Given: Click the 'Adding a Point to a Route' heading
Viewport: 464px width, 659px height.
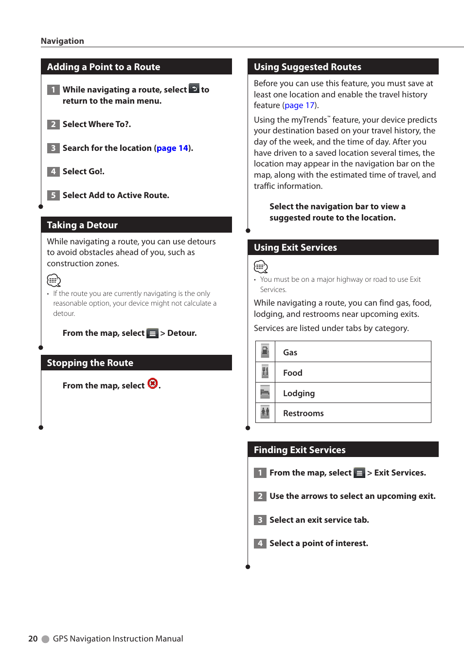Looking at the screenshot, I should click(x=103, y=67).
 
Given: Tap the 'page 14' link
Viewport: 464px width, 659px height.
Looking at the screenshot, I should click(x=172, y=148).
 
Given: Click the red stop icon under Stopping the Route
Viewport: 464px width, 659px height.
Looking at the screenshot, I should click(x=153, y=384).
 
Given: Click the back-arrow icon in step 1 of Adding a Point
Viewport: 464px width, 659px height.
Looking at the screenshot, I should click(x=194, y=89).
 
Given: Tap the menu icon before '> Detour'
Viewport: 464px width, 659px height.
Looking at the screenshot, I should click(x=152, y=333).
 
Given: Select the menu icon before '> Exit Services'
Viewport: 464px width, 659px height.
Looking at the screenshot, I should click(x=359, y=473).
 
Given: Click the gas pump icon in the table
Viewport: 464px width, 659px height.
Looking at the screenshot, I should click(x=265, y=351).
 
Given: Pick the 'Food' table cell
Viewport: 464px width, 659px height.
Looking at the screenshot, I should click(x=353, y=372).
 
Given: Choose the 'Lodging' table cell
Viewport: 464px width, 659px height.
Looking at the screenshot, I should click(x=353, y=393).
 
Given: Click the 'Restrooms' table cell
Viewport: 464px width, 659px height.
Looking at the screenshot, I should click(x=353, y=413).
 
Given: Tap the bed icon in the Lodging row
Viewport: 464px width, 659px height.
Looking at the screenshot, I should click(x=265, y=392).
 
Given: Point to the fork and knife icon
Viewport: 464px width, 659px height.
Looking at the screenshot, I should click(x=265, y=372).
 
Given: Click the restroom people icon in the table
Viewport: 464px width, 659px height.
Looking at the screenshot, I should click(x=265, y=412).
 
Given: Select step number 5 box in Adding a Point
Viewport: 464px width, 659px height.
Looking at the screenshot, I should click(x=54, y=195).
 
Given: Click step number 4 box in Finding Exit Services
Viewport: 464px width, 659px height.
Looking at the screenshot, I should click(x=260, y=543).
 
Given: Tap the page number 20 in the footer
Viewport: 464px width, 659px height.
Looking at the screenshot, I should click(x=33, y=639).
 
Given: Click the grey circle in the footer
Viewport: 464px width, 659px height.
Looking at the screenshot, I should click(x=46, y=639).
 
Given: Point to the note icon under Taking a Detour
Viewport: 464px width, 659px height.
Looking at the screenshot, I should click(x=54, y=280).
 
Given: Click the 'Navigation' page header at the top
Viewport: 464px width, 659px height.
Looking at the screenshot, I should click(x=62, y=41).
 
